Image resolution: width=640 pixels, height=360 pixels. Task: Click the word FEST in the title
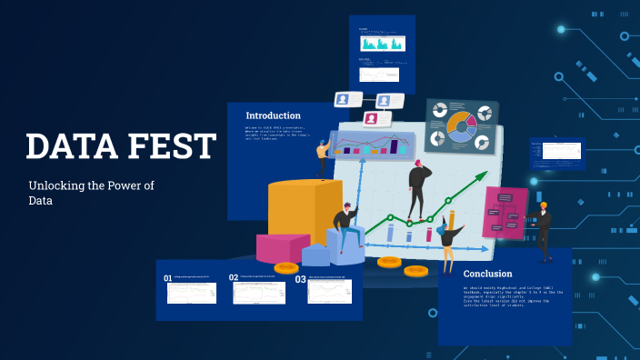click(x=172, y=146)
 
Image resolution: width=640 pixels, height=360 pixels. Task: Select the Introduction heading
click(x=273, y=115)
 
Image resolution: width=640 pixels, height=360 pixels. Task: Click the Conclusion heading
click(x=487, y=273)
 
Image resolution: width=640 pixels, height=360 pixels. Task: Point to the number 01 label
click(x=167, y=278)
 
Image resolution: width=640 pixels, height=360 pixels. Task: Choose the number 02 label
click(x=234, y=278)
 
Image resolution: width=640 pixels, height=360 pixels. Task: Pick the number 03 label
click(x=300, y=279)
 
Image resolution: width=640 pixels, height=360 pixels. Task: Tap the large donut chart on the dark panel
click(x=461, y=126)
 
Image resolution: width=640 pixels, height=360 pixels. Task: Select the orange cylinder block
click(x=292, y=211)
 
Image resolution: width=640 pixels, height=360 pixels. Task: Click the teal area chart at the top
click(x=382, y=43)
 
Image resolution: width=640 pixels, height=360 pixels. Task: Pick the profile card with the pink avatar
click(x=375, y=118)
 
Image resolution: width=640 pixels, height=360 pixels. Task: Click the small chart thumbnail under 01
click(x=192, y=293)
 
